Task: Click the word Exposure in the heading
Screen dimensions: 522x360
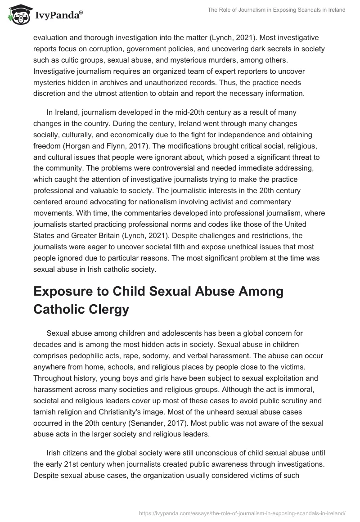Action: click(x=72, y=292)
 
